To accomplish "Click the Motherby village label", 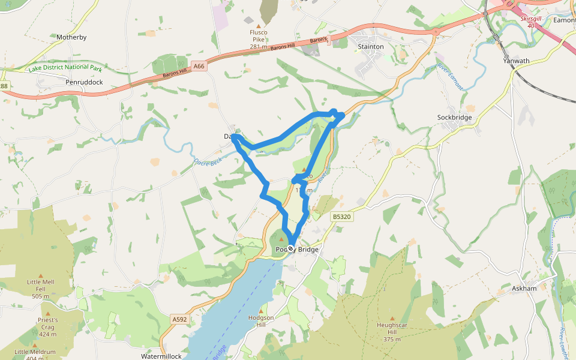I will [x=71, y=37].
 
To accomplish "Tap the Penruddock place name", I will [x=85, y=82].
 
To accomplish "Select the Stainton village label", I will [x=370, y=46].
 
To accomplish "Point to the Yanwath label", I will [x=516, y=61].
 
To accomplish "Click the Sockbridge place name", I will [x=454, y=118].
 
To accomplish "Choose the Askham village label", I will [x=524, y=289].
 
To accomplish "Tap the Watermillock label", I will [x=161, y=356].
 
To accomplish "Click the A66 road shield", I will [x=200, y=66].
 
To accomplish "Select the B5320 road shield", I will [x=341, y=217].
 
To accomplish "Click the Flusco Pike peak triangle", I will [x=259, y=26].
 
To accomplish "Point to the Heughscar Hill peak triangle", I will [x=392, y=319].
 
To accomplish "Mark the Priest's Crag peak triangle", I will [x=48, y=313].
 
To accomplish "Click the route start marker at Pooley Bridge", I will [x=290, y=248].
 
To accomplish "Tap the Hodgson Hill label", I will [x=260, y=320].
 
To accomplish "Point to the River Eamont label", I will [x=451, y=77].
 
